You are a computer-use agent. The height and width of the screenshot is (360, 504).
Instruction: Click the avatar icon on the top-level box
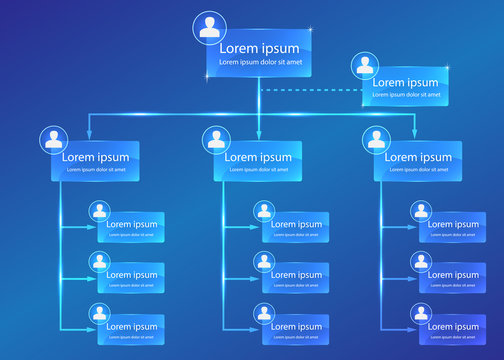coord(210,27)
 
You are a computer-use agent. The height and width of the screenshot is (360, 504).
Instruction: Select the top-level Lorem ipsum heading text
coord(258,47)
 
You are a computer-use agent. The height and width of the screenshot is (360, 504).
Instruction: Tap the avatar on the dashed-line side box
coord(364,67)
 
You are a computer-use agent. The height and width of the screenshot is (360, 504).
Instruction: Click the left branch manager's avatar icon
coord(51,140)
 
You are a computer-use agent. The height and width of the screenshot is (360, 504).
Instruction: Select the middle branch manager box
coord(262,161)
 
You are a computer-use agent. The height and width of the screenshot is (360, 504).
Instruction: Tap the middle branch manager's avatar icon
coord(214,140)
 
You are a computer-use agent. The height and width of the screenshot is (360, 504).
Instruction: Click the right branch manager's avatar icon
coord(376,140)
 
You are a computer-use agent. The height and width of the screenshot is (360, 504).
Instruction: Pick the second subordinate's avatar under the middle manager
coord(264,262)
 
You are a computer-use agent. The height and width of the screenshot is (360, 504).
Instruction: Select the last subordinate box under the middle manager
coord(296,327)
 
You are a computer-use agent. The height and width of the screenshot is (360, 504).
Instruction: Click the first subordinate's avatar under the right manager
coord(419,211)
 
